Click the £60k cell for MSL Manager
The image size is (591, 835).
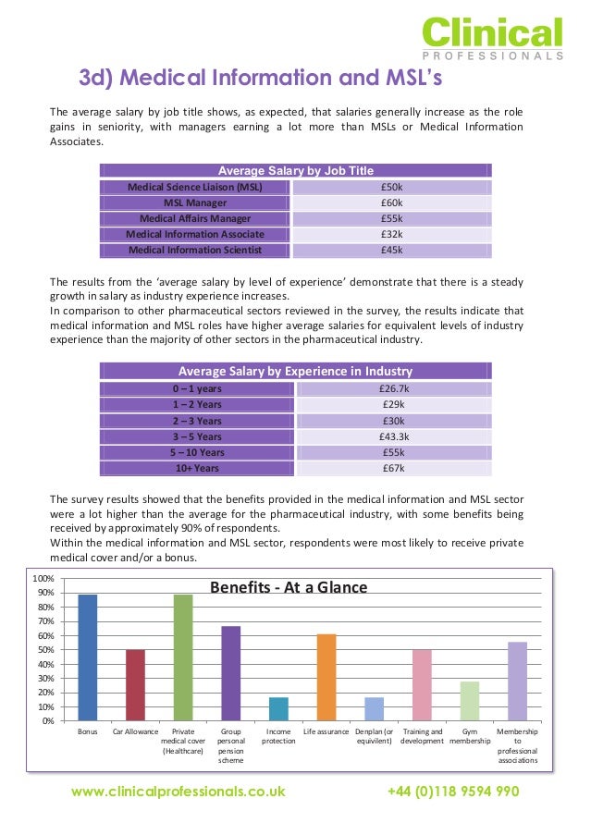click(391, 203)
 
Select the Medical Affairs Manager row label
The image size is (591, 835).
click(194, 218)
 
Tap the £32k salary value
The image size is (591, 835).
click(391, 234)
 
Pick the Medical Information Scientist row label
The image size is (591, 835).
click(194, 250)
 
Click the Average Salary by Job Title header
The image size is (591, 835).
click(295, 170)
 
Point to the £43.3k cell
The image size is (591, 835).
click(391, 436)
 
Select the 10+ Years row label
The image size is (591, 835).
click(195, 469)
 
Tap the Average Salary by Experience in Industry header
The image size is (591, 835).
click(295, 372)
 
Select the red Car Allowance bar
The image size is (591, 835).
click(136, 684)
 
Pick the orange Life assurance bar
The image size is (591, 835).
click(326, 676)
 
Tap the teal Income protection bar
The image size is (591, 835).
click(278, 708)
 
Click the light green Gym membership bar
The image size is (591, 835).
click(469, 700)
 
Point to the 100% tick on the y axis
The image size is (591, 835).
click(43, 578)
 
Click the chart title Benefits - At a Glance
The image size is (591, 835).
click(289, 587)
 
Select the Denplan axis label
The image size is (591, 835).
click(374, 736)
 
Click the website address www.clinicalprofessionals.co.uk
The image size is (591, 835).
click(179, 792)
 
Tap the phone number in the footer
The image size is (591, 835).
click(452, 792)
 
